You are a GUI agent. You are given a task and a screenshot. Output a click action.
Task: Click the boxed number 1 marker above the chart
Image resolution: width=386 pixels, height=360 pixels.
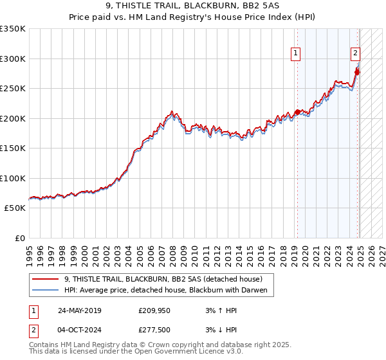tap(295, 54)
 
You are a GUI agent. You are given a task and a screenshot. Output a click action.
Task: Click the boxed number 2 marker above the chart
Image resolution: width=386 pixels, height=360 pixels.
tap(355, 54)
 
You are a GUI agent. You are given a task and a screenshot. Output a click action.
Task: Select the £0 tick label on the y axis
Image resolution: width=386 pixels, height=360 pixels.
tap(19, 238)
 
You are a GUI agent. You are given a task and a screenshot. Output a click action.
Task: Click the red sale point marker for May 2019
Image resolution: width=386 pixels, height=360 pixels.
tap(297, 113)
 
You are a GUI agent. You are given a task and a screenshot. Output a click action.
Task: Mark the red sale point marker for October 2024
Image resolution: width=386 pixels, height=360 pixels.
tap(357, 72)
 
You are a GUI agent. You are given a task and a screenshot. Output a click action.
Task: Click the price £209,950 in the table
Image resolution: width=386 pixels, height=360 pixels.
tap(153, 310)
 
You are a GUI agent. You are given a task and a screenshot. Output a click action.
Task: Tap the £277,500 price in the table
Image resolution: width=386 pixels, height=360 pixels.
tap(153, 330)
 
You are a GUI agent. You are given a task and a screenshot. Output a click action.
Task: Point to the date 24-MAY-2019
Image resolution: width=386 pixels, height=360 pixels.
tap(79, 310)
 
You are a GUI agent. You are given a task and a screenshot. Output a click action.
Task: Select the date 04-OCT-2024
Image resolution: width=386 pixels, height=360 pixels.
tap(78, 330)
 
